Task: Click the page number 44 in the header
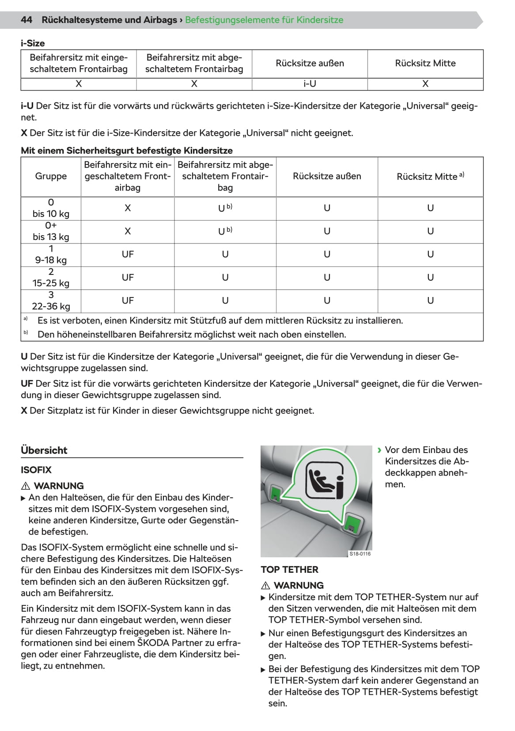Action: (x=27, y=20)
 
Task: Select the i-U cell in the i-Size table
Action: (x=310, y=84)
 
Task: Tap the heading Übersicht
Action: (x=44, y=450)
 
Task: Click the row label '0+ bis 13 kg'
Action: (x=51, y=231)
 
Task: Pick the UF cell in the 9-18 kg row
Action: (x=128, y=255)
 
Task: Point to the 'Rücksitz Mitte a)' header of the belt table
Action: (x=430, y=176)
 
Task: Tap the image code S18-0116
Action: (x=360, y=554)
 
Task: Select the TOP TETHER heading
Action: (x=289, y=570)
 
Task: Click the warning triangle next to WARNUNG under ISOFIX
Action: (x=25, y=486)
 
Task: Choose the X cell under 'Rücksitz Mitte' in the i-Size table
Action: (x=425, y=84)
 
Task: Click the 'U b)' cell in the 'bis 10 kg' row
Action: (x=225, y=208)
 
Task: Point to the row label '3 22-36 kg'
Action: (x=51, y=301)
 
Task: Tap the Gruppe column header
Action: (x=51, y=176)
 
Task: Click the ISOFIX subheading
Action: (x=36, y=470)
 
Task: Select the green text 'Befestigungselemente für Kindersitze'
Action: (x=264, y=20)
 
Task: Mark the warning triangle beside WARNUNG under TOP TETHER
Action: (x=265, y=586)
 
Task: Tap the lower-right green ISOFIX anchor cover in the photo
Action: (x=351, y=523)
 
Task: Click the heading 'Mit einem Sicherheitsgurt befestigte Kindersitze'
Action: (x=127, y=151)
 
